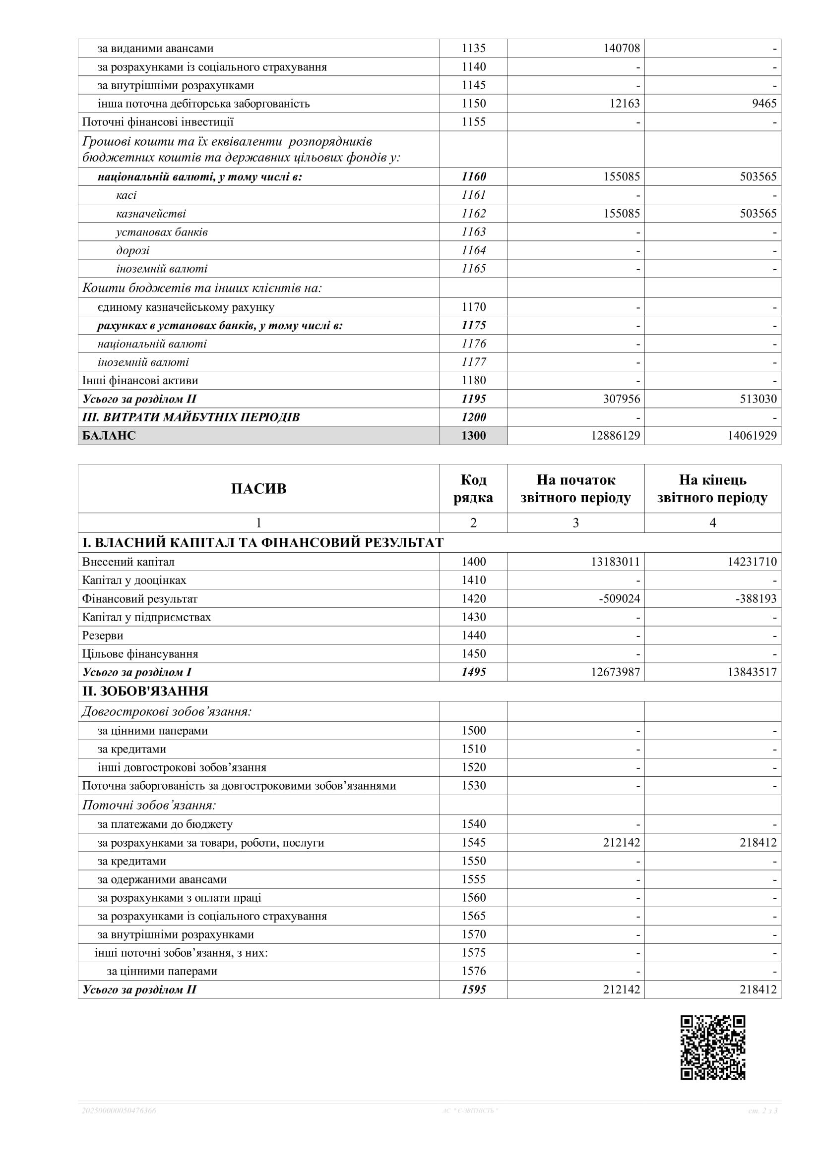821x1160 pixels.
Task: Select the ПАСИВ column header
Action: tap(258, 489)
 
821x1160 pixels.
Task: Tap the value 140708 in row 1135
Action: tap(621, 49)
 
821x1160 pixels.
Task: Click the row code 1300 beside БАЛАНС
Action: tap(473, 436)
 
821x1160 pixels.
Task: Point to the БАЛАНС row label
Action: tap(109, 436)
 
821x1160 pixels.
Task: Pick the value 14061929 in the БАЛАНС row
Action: tap(752, 436)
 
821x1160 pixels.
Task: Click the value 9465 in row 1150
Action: tap(764, 104)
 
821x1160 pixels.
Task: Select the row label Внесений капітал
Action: tap(128, 562)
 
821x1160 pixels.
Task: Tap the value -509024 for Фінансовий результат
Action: tap(619, 599)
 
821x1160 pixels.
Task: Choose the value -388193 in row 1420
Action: tap(756, 599)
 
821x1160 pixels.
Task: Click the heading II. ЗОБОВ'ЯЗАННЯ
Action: tap(145, 691)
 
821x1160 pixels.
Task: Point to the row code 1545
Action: tap(473, 843)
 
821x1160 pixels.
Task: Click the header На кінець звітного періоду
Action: tap(712, 489)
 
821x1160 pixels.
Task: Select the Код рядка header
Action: tap(473, 489)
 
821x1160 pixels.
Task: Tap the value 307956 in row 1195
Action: tap(621, 399)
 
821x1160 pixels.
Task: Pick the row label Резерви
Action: tap(103, 636)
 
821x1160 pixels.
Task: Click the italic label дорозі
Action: tap(133, 251)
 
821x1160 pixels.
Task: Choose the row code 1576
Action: tap(473, 971)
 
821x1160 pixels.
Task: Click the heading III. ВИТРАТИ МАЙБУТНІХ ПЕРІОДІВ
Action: tap(191, 417)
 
